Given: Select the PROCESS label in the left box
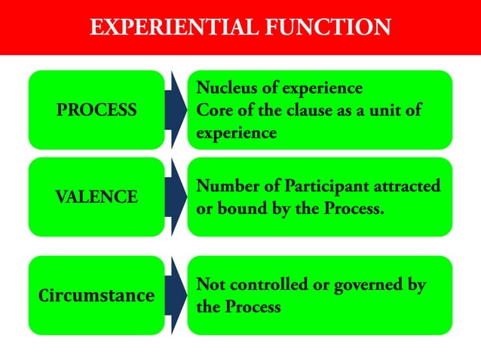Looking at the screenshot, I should (97, 110).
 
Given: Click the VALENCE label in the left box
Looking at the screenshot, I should (97, 197).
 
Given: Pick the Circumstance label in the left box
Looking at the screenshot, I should (97, 295).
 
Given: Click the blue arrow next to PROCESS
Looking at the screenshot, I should (176, 110).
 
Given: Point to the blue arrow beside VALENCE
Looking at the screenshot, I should (176, 197).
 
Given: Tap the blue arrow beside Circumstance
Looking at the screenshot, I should (176, 295).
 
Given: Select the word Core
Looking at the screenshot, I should (213, 110).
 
